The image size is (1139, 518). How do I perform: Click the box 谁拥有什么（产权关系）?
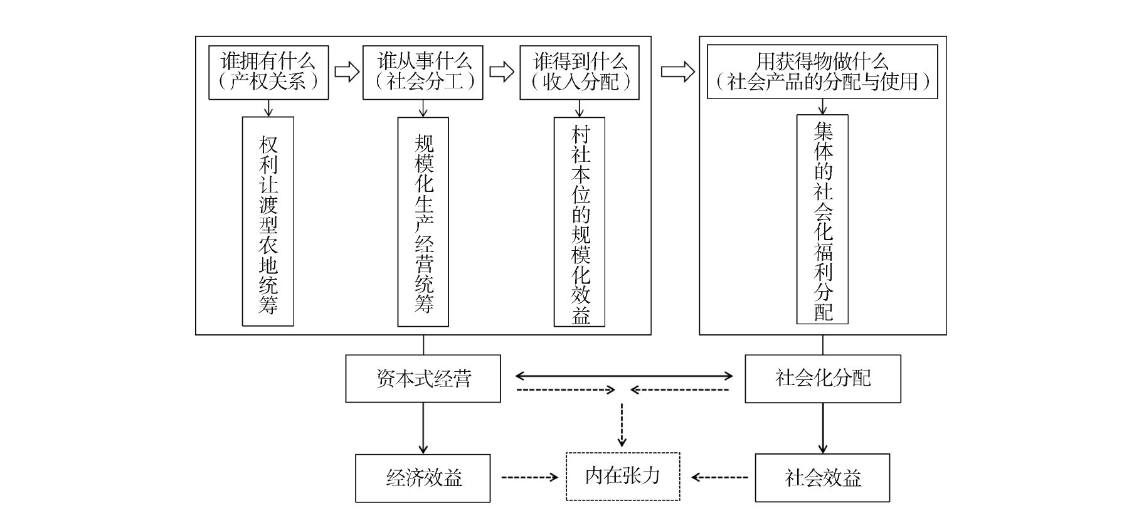[268, 72]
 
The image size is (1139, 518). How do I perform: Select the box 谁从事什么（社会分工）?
[423, 72]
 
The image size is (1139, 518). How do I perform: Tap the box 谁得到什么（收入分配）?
[579, 72]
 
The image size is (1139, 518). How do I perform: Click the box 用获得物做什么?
[822, 71]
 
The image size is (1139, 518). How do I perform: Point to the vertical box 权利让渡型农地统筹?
[268, 221]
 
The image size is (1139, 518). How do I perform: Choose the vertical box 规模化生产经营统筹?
[423, 221]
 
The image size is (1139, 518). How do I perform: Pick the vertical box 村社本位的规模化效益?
[580, 221]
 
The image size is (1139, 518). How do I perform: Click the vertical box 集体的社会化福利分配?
[822, 219]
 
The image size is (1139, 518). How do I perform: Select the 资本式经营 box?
[423, 379]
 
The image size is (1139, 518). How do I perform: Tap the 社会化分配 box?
[822, 379]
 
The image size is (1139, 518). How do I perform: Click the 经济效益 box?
[423, 478]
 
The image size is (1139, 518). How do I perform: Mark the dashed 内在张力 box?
[623, 477]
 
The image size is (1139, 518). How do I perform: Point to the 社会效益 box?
[822, 478]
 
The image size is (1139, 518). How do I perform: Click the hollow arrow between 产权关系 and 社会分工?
[346, 71]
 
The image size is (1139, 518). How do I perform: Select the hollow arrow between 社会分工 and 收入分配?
[501, 71]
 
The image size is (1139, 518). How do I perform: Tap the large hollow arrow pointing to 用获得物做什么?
[677, 71]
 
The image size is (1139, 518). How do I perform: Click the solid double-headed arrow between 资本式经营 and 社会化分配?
[624, 376]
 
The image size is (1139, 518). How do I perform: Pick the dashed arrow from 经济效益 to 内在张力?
[529, 478]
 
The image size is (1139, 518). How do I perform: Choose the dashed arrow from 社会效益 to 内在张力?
[720, 478]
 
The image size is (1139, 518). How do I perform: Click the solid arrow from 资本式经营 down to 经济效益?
[423, 428]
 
